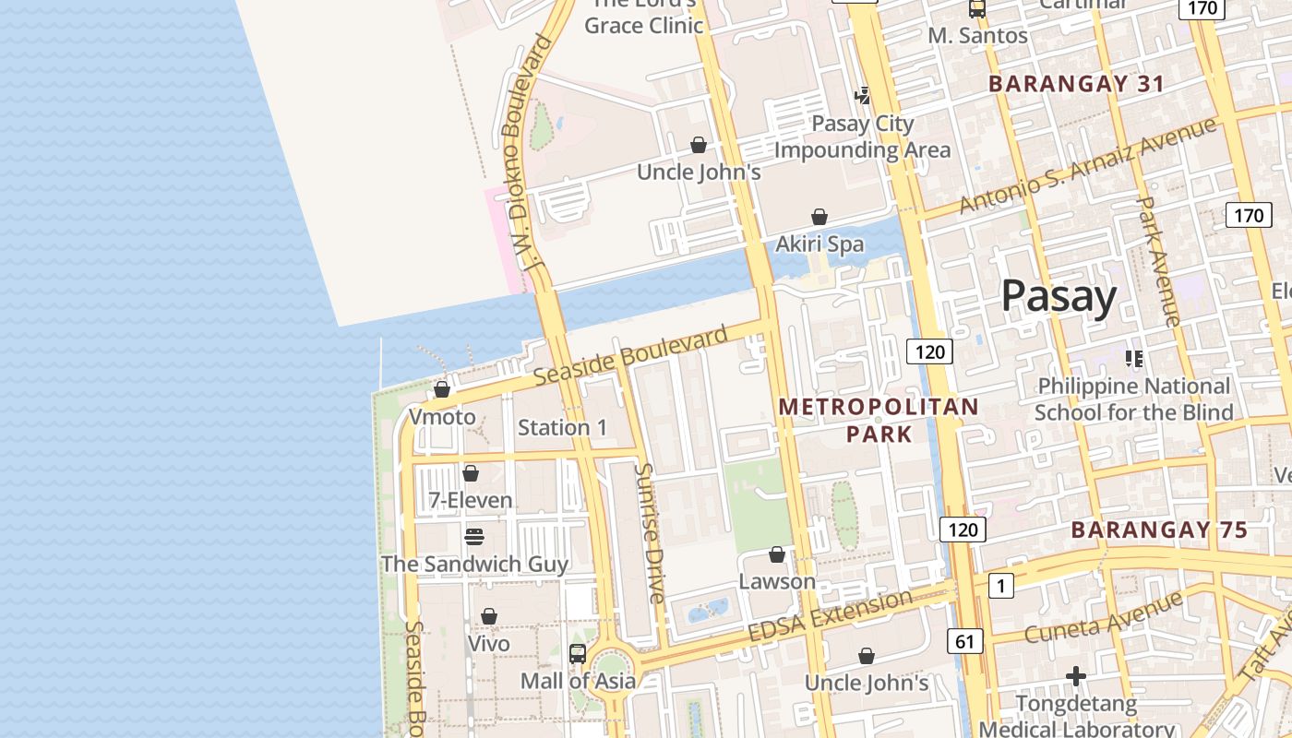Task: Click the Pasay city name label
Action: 1059,296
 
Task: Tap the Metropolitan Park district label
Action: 879,420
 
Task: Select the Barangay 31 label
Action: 1076,84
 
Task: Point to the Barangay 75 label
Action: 1159,530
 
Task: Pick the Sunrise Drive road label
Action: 649,533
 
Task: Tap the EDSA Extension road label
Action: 830,617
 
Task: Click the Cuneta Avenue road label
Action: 1103,619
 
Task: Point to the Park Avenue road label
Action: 1157,261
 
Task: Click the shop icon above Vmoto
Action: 442,389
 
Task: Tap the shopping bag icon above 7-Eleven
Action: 471,473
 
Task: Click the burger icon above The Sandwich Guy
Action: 474,536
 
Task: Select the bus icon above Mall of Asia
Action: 578,654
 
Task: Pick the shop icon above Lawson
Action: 777,554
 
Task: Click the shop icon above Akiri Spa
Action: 819,217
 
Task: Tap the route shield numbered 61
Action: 964,641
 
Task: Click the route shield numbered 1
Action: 1000,585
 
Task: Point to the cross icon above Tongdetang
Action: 1076,676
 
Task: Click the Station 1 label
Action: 563,428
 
